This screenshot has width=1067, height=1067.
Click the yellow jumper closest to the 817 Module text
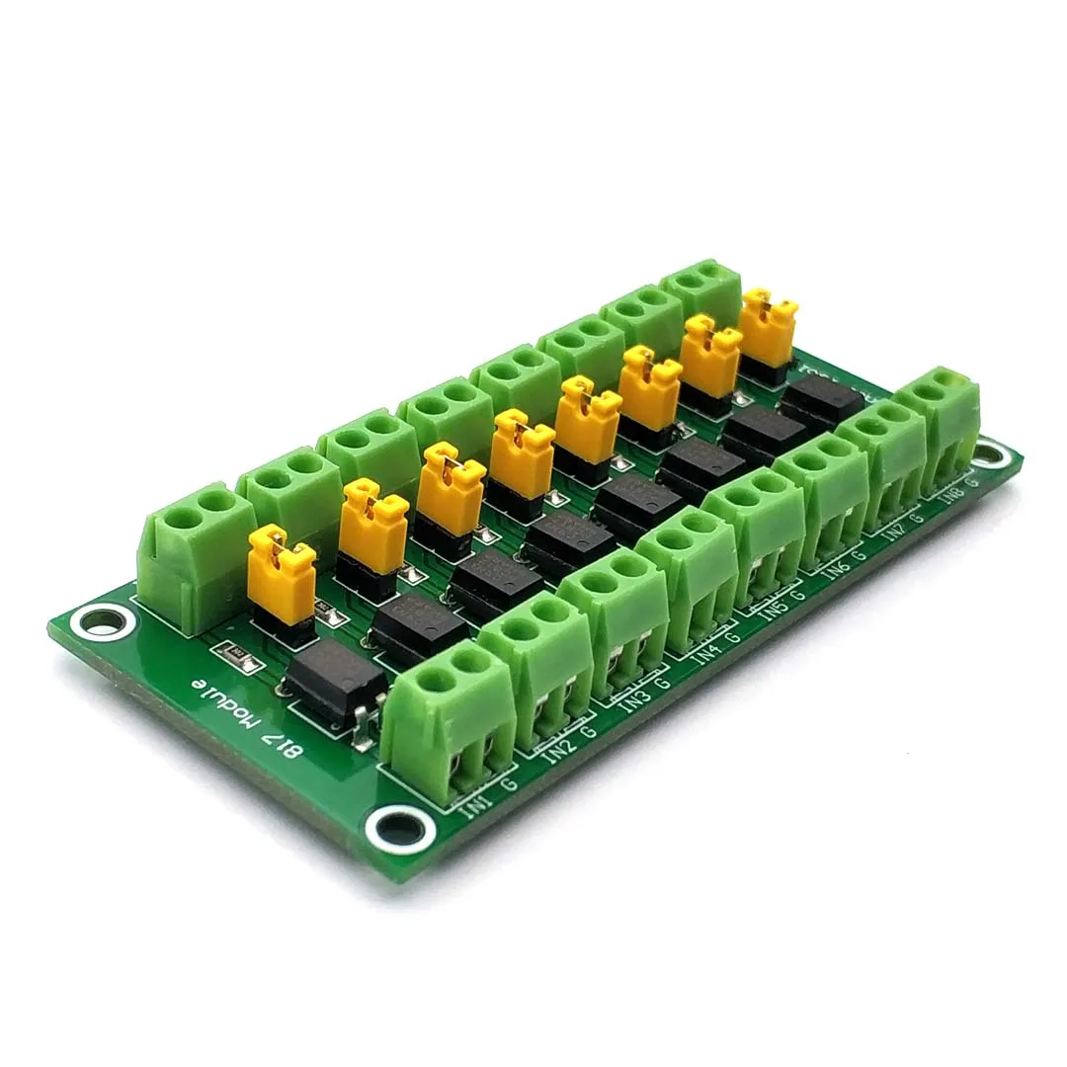[281, 574]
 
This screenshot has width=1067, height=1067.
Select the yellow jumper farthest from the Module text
[768, 327]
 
